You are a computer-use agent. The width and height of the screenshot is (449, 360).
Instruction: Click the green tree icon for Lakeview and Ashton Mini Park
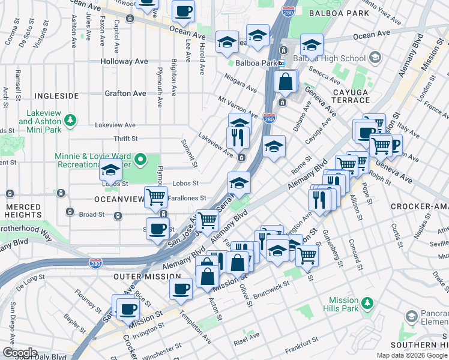tap(71, 121)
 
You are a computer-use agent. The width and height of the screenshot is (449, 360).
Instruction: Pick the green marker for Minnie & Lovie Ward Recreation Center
tap(140, 160)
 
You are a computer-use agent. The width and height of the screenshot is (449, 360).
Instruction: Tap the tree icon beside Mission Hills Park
tap(369, 304)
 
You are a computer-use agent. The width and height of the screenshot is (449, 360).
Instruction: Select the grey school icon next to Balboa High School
tap(376, 58)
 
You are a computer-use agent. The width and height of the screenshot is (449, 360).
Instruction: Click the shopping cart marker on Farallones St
tap(155, 196)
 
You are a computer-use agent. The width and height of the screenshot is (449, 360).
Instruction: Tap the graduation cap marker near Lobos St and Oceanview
tap(110, 171)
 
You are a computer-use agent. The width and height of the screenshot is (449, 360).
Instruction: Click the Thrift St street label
tap(125, 139)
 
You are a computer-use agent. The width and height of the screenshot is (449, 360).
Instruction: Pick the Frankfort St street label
tap(301, 342)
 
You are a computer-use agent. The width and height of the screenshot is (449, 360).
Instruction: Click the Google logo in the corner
tap(20, 353)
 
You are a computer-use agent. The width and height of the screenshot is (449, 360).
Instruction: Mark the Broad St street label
tap(92, 214)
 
